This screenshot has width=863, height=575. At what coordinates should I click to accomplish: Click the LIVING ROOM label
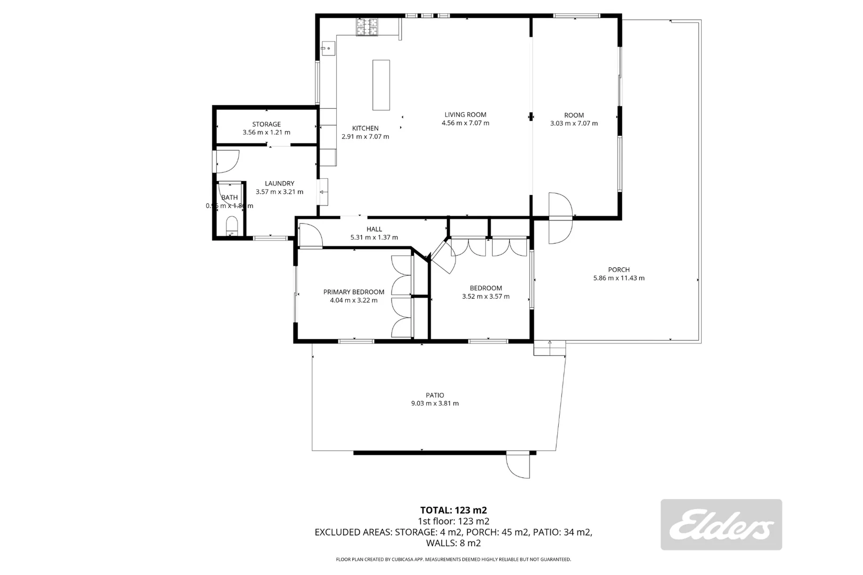465,114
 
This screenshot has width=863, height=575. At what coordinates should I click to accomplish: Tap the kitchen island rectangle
381,85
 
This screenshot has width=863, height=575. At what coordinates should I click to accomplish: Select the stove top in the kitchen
367,27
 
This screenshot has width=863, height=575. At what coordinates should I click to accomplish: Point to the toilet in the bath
232,225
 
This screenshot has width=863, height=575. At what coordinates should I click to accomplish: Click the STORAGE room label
266,124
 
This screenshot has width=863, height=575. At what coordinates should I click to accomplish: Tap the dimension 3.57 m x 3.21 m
279,192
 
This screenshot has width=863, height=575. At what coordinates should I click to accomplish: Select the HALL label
374,229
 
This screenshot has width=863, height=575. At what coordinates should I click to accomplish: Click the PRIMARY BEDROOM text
354,292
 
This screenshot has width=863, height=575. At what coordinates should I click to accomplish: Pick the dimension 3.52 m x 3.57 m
485,297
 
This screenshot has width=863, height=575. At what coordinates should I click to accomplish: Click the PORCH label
618,269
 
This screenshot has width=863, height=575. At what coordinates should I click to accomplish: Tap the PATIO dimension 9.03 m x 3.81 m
435,404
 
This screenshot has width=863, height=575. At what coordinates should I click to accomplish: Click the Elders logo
721,524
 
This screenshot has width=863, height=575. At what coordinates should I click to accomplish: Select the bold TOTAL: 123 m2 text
453,510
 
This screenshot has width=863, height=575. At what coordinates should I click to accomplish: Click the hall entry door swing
311,235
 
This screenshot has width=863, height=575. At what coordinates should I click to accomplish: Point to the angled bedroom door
443,257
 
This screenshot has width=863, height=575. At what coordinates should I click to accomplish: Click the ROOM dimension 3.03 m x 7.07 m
574,124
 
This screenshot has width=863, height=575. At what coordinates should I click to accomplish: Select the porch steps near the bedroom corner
550,348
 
